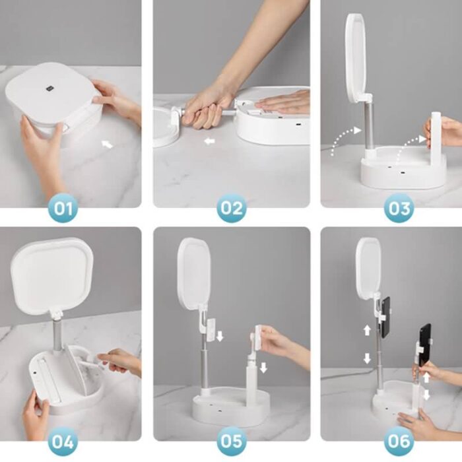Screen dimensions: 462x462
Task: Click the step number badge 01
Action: click(63, 209)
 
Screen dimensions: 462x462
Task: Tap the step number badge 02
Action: click(231, 208)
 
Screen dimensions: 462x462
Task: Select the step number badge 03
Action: click(399, 208)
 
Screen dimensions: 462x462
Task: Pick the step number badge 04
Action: click(63, 441)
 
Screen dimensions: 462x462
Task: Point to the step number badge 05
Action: click(231, 441)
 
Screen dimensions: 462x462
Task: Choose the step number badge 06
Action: click(399, 441)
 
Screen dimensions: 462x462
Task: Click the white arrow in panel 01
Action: click(107, 144)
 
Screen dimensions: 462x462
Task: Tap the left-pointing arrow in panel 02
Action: click(209, 141)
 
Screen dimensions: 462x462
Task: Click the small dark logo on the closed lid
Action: click(49, 88)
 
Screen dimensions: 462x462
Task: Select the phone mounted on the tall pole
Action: click(385, 317)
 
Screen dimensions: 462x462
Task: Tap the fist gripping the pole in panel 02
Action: click(206, 110)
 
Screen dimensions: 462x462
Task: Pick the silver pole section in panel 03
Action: click(370, 124)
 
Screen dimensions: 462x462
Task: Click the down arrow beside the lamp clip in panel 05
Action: click(220, 336)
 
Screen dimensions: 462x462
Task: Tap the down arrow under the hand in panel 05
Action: click(263, 368)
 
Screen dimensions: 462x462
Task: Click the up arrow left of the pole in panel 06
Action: click(367, 330)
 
